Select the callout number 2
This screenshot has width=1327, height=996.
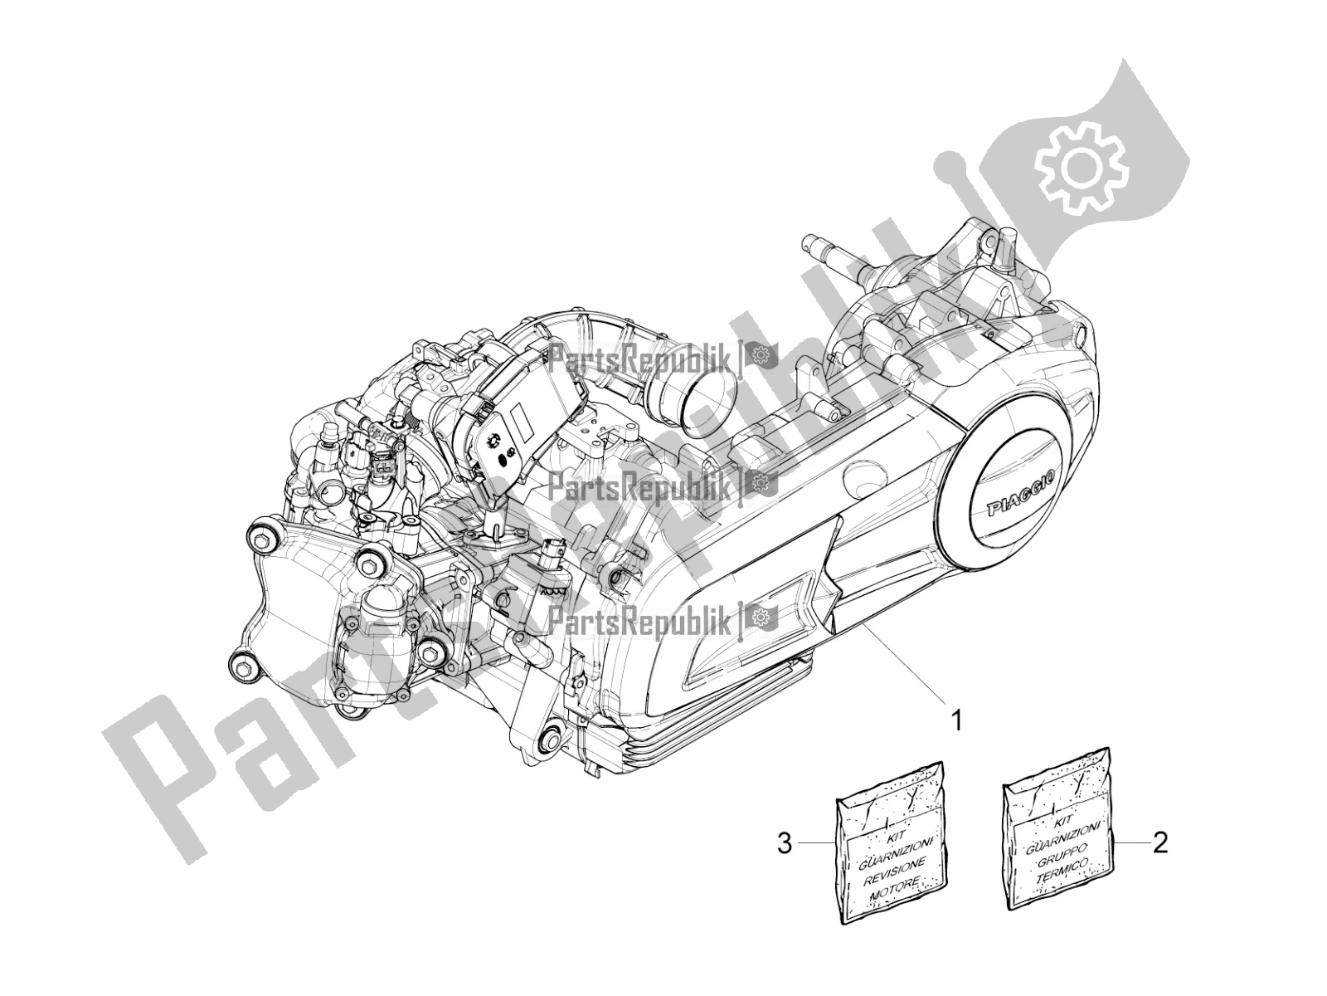[x=1160, y=846]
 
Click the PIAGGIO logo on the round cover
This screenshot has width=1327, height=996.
[x=1018, y=506]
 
